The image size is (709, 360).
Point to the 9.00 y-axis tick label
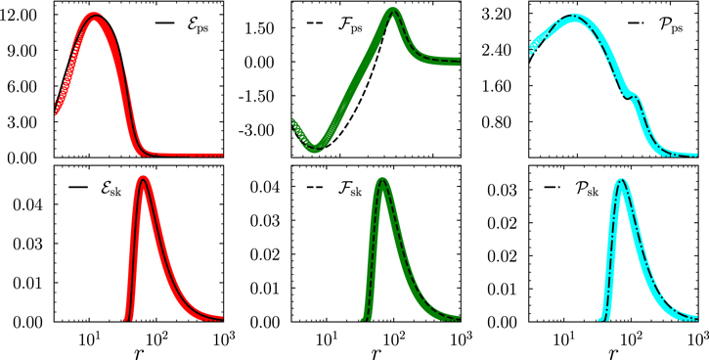tap(22, 51)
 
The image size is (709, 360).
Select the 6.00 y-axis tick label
tap(22, 86)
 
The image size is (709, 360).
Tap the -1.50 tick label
tap(261, 96)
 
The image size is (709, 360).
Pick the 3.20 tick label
tap(499, 17)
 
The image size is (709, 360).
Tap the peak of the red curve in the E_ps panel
tap(94, 17)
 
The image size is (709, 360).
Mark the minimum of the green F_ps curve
tap(314, 149)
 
